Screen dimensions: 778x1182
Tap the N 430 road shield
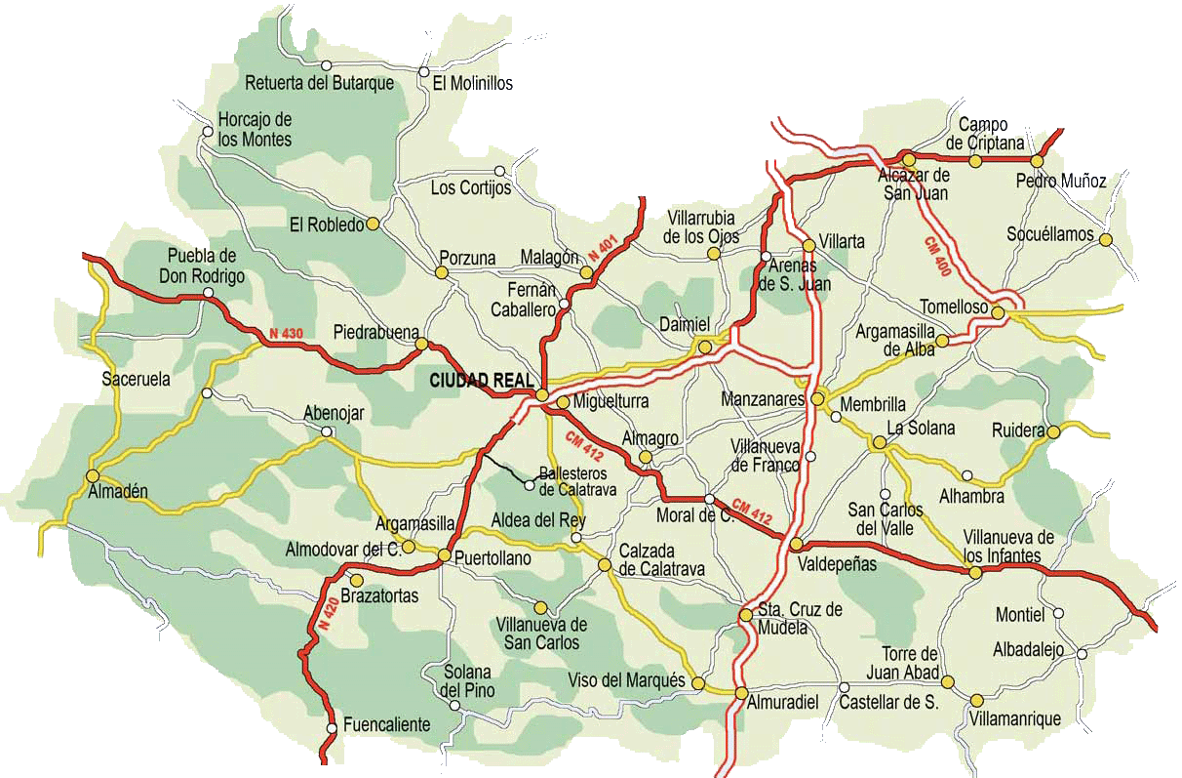point(287,334)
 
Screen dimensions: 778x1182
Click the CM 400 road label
point(935,255)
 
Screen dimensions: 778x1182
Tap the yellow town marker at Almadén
point(93,476)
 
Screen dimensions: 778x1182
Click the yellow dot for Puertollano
point(444,556)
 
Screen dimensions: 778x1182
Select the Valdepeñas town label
point(837,563)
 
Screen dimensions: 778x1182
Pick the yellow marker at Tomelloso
point(998,311)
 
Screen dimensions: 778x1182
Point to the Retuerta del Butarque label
point(320,83)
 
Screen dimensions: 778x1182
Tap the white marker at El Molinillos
point(423,71)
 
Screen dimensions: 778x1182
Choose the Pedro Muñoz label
point(1061,181)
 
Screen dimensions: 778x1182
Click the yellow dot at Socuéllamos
point(1105,239)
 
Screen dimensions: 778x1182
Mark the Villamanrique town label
point(1014,719)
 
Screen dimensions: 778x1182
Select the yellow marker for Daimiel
point(705,347)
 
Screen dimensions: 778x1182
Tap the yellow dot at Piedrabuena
point(421,344)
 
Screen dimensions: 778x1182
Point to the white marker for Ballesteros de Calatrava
point(530,484)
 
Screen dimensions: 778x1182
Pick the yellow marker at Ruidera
point(1053,430)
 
